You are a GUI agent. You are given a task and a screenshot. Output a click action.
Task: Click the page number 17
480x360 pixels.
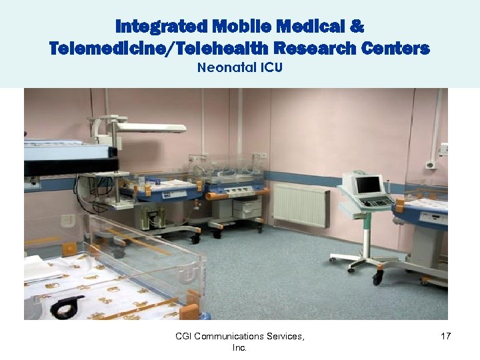pos(446,337)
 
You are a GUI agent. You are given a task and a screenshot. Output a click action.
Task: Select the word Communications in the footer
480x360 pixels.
pos(230,337)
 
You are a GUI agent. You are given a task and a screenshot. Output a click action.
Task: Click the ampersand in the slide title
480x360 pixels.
pos(357,27)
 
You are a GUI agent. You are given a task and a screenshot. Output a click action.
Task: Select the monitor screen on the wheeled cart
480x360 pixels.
pos(368,184)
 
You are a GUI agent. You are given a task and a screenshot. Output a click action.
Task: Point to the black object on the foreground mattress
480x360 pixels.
pos(67,307)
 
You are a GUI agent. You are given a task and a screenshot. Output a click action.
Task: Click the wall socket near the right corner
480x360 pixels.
pos(431,165)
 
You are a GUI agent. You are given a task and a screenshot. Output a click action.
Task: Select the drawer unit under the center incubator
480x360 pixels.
pos(247,209)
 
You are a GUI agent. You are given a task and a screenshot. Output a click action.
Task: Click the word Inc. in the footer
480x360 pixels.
pos(239,348)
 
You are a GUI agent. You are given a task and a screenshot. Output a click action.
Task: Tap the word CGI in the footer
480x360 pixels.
pos(183,337)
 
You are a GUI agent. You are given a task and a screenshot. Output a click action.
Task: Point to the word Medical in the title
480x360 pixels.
pos(303,27)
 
